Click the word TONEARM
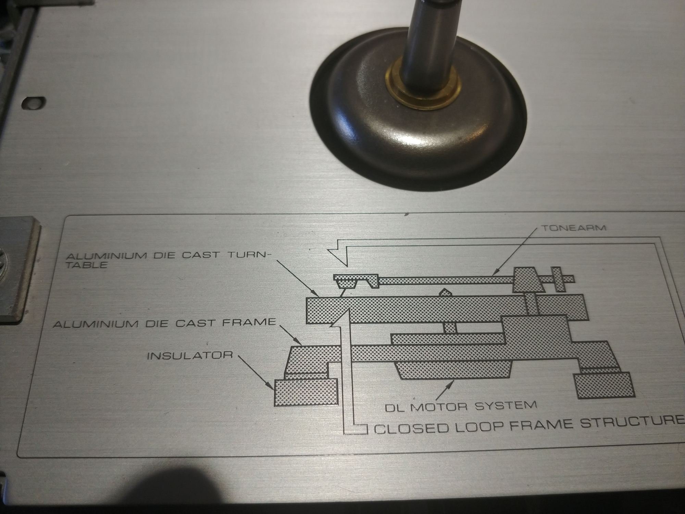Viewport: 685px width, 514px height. coord(573,228)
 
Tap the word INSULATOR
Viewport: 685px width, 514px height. coord(190,356)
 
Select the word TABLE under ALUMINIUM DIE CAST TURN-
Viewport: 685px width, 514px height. coord(87,265)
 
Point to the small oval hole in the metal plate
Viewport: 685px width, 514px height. coord(33,102)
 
